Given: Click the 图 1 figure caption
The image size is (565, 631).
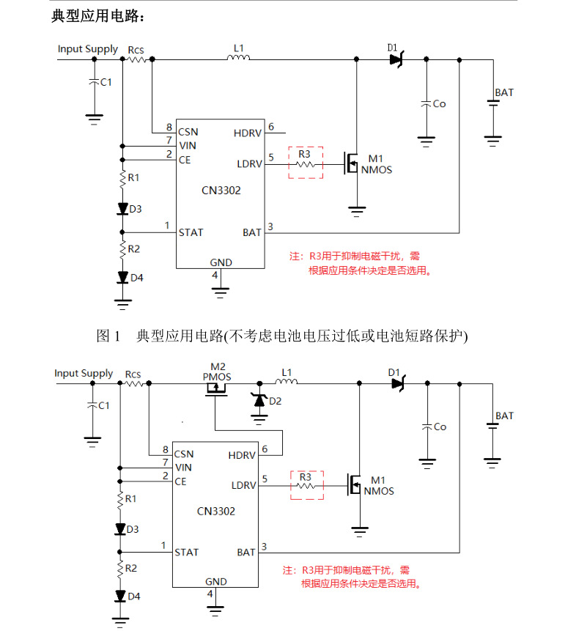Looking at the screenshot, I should pyautogui.click(x=282, y=336).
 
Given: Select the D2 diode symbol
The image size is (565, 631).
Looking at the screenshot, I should pyautogui.click(x=258, y=400).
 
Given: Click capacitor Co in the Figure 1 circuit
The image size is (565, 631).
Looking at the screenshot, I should pyautogui.click(x=426, y=104).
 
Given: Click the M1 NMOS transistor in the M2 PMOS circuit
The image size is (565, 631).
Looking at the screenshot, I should pyautogui.click(x=355, y=484).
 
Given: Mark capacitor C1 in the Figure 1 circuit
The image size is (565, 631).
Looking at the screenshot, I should pyautogui.click(x=93, y=83).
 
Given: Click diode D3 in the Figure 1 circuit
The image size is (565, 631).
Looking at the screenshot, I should pyautogui.click(x=122, y=209).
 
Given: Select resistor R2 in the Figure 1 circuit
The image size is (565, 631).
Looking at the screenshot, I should pyautogui.click(x=122, y=249).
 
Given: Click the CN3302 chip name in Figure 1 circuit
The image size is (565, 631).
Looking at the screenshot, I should pyautogui.click(x=221, y=191).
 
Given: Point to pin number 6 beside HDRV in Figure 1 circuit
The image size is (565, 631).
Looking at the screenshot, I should pyautogui.click(x=271, y=128).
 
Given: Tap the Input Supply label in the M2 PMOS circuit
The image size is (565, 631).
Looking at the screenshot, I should pyautogui.click(x=84, y=374).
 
